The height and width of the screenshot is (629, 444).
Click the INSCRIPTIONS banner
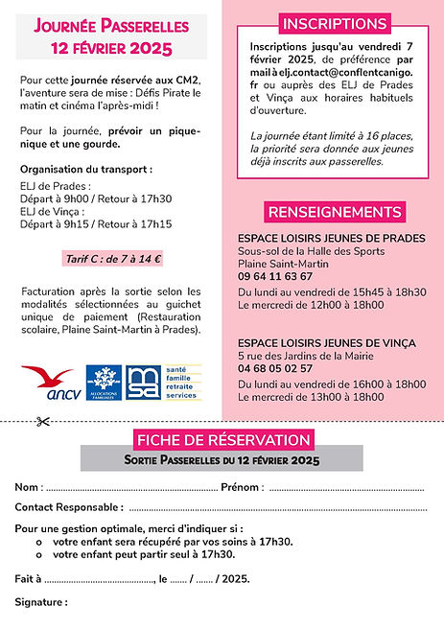pyautogui.click(x=334, y=24)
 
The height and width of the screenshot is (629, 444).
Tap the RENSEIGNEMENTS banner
pyautogui.click(x=334, y=211)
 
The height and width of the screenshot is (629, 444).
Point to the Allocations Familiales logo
pyautogui.click(x=103, y=382)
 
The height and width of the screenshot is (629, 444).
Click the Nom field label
pyautogui.click(x=28, y=487)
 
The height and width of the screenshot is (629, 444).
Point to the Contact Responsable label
pyautogui.click(x=69, y=506)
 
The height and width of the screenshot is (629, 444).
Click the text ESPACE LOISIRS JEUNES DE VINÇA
pyautogui.click(x=331, y=341)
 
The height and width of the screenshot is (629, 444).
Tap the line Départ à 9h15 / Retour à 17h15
pyautogui.click(x=96, y=223)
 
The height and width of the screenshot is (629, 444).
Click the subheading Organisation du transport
pyautogui.click(x=84, y=168)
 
